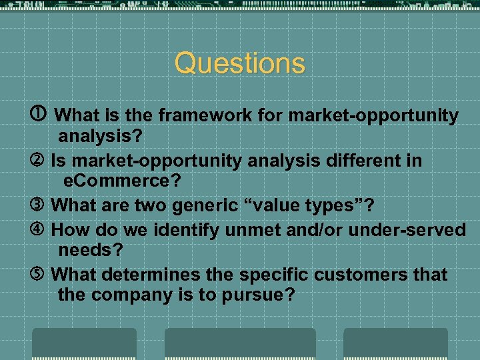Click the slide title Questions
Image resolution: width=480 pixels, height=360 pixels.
pyautogui.click(x=239, y=64)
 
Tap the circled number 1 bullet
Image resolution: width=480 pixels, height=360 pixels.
pyautogui.click(x=41, y=115)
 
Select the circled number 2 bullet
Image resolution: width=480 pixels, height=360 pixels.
pyautogui.click(x=41, y=161)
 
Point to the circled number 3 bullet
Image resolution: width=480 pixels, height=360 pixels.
pyautogui.click(x=41, y=206)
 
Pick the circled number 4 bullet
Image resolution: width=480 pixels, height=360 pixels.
pyautogui.click(x=41, y=230)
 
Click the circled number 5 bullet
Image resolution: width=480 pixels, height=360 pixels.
pyautogui.click(x=41, y=275)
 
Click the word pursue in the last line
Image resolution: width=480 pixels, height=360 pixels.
pyautogui.click(x=261, y=295)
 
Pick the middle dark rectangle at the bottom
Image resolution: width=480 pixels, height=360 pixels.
pyautogui.click(x=240, y=343)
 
